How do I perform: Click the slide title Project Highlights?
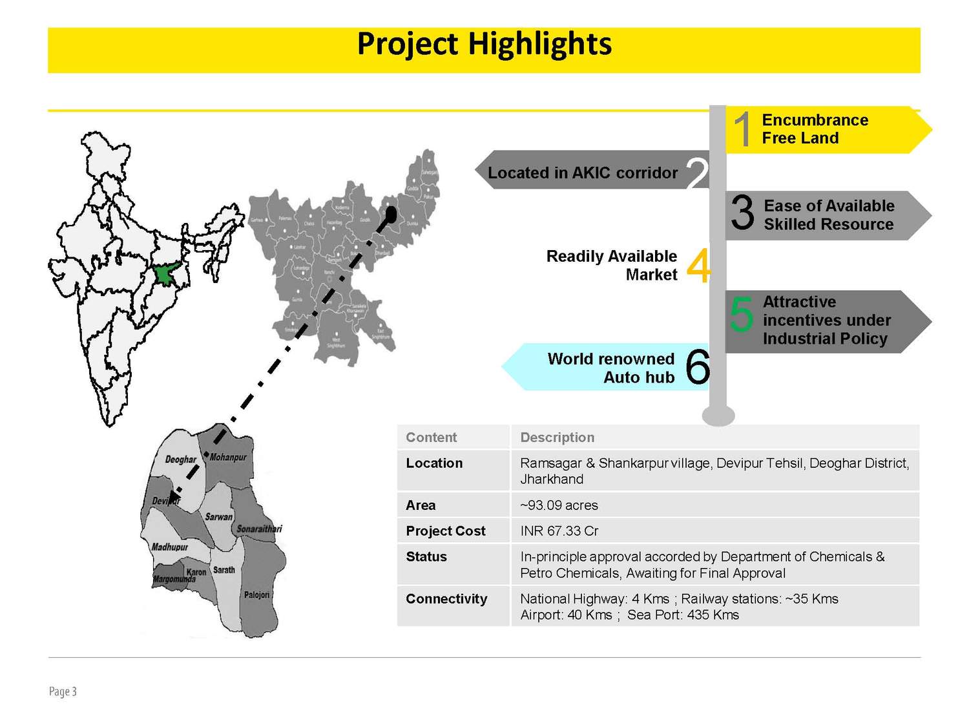(x=484, y=45)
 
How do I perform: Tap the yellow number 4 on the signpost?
(x=698, y=265)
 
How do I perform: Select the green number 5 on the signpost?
(x=741, y=314)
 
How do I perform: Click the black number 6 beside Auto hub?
(x=697, y=367)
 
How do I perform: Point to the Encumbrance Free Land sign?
(x=815, y=129)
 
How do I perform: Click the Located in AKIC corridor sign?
(x=583, y=173)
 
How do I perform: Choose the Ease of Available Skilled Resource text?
(x=829, y=215)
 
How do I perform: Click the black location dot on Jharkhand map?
(x=390, y=214)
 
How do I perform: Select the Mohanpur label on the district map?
(x=228, y=458)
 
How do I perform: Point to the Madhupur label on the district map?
(x=170, y=547)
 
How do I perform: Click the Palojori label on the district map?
(x=256, y=595)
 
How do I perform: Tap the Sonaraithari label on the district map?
(x=259, y=529)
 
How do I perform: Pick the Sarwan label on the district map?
(x=218, y=516)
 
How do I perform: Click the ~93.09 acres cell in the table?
(x=559, y=505)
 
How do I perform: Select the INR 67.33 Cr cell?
(x=559, y=531)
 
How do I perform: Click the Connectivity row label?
(x=446, y=599)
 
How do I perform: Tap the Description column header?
(x=557, y=437)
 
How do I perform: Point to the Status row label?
(x=426, y=557)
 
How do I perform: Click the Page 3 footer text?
(x=63, y=691)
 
